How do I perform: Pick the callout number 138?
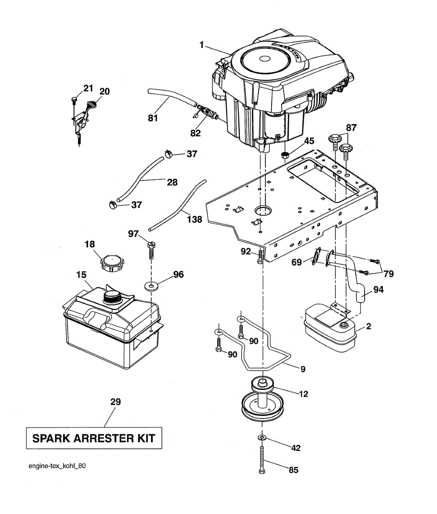click(x=195, y=219)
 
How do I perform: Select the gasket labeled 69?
click(x=317, y=260)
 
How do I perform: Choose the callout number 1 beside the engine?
click(x=201, y=45)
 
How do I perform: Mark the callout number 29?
click(x=115, y=402)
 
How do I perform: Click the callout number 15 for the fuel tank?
click(x=81, y=275)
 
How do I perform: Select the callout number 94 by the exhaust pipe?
click(x=378, y=290)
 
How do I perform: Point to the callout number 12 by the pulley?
click(x=303, y=394)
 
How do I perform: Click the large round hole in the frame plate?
click(x=263, y=211)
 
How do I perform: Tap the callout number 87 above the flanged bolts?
click(x=351, y=128)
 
